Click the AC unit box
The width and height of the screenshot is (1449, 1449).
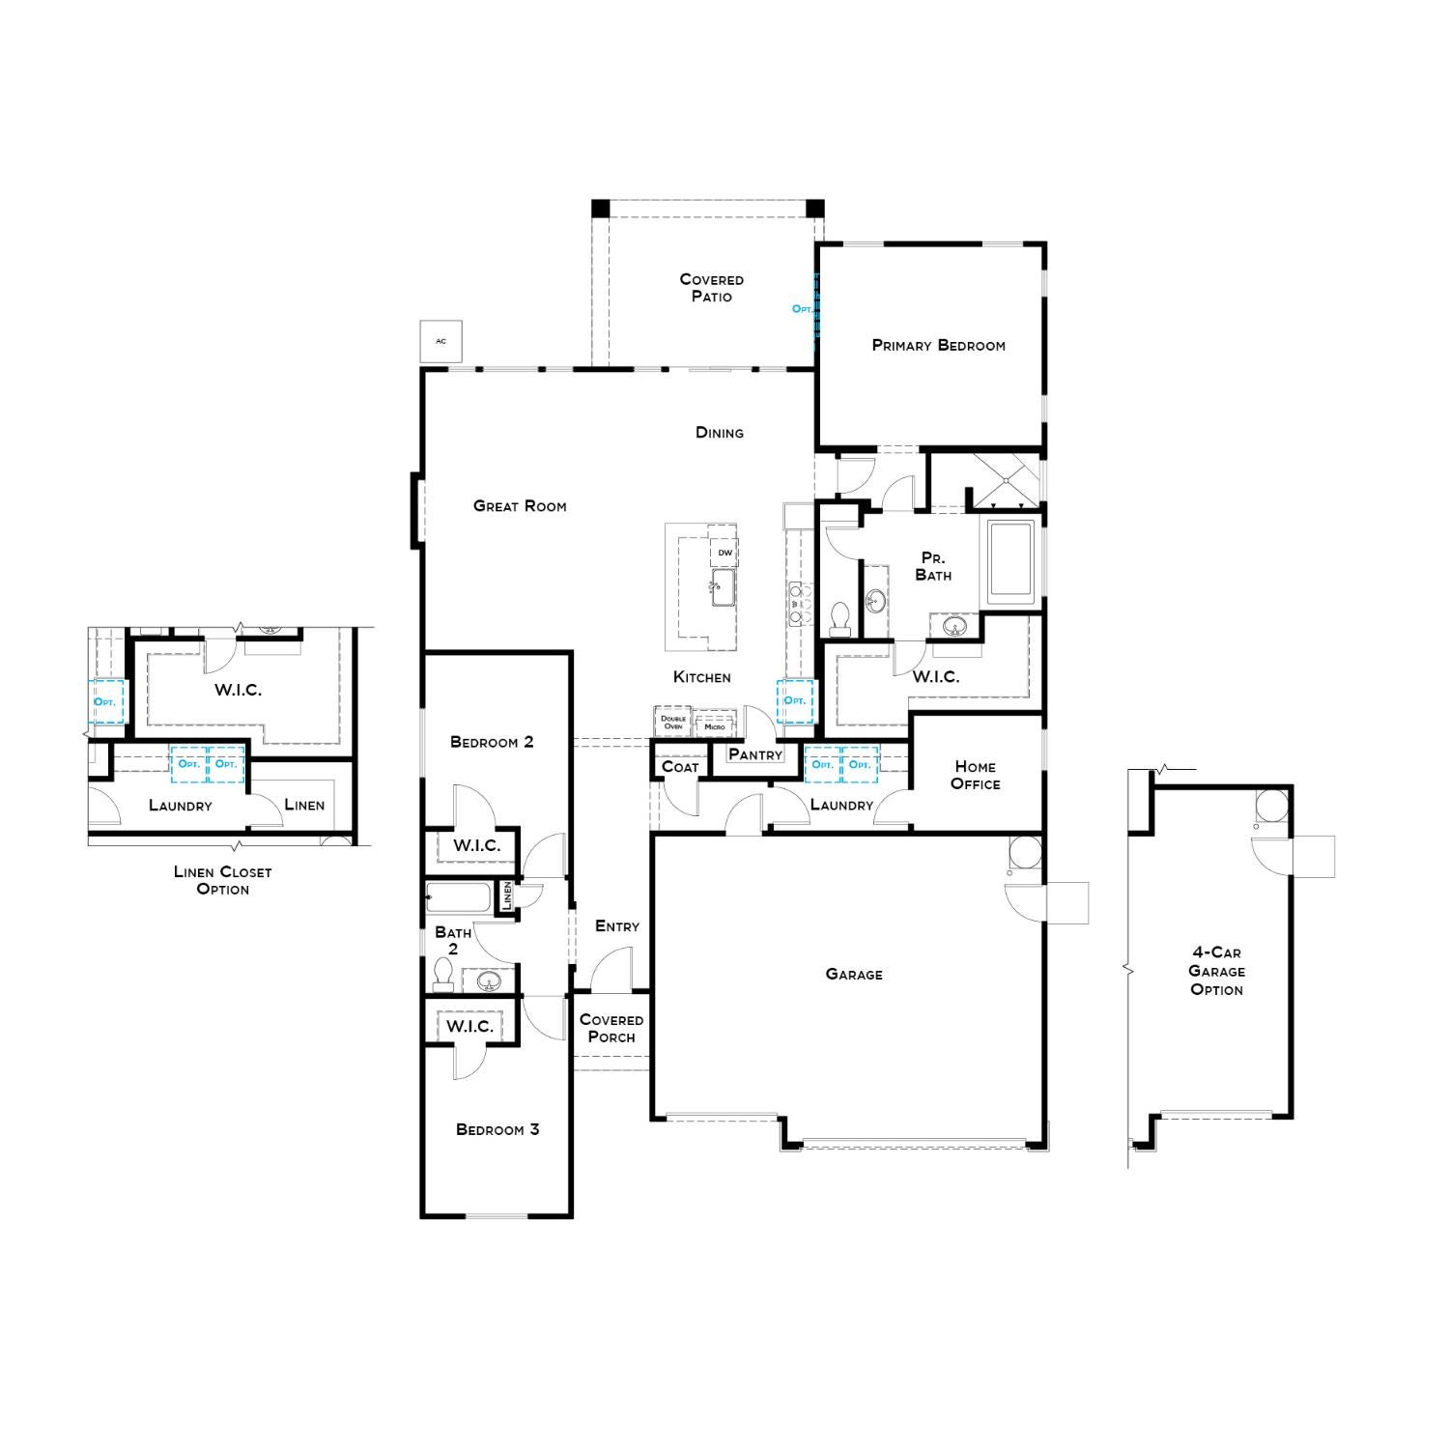(441, 341)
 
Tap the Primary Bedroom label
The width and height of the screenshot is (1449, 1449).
(938, 345)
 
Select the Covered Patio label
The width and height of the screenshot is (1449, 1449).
(712, 288)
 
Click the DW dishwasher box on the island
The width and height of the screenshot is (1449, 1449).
(724, 553)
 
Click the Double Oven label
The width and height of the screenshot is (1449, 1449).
(673, 723)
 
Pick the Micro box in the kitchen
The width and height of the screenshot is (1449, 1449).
(715, 725)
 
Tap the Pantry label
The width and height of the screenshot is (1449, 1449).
(755, 754)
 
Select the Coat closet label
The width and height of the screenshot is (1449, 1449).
(680, 767)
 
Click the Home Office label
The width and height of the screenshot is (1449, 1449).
(976, 775)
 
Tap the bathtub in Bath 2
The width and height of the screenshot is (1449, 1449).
(460, 897)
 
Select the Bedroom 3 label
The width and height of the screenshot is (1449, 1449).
(497, 1129)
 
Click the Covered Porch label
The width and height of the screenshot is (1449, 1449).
(611, 1028)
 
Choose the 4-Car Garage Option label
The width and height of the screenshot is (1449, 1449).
(1217, 971)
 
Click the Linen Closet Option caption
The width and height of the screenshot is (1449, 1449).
(223, 880)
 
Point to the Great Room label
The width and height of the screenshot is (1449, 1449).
(520, 505)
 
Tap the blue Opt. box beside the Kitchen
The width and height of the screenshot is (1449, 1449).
(795, 701)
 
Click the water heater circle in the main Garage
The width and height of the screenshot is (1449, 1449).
(1025, 853)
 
